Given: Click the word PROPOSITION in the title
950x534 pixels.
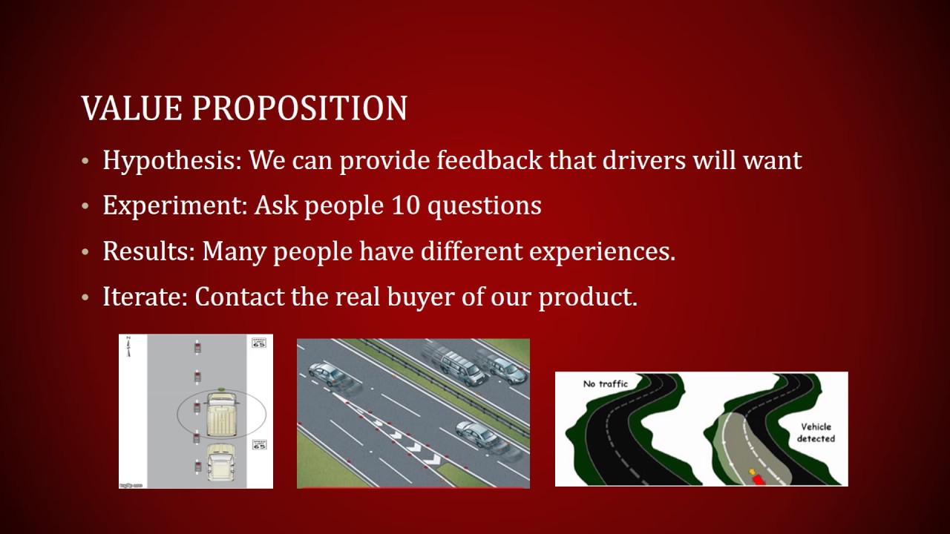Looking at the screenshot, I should [300, 108].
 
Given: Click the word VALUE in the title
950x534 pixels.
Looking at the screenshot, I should [132, 108].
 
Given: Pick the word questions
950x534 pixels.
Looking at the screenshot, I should [485, 205].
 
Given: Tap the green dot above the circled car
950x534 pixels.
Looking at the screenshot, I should [222, 388].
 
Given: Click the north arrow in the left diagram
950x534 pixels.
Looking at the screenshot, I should [128, 346].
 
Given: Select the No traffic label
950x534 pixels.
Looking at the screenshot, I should [605, 383].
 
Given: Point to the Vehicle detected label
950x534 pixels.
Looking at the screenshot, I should [816, 432].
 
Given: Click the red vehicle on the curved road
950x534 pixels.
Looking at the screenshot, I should [758, 479].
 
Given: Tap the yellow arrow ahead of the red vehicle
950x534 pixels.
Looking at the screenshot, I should [752, 471].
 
